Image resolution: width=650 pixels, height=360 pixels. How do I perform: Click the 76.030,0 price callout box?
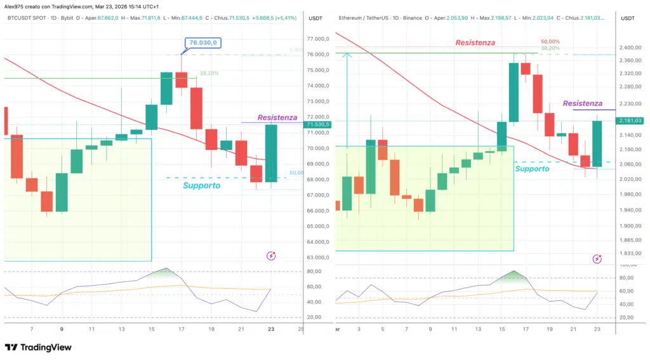201,43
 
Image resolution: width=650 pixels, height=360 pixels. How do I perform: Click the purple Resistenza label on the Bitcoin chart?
277,117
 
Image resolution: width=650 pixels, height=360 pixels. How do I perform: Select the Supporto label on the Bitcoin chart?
201,185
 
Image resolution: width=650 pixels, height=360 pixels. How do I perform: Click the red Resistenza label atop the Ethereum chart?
475,43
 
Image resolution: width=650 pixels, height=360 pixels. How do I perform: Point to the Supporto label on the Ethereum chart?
533,169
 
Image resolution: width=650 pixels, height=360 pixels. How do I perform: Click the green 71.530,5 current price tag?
317,124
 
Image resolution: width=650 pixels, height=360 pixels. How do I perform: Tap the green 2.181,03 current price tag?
630,121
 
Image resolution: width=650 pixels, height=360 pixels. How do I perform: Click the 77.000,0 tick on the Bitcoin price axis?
317,39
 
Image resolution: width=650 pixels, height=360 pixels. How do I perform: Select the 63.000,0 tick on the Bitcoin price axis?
317,258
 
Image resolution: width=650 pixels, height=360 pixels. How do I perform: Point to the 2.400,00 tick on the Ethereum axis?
630,48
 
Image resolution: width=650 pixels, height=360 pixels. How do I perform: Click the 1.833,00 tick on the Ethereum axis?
630,253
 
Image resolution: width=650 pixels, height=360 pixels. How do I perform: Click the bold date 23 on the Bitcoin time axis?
272,330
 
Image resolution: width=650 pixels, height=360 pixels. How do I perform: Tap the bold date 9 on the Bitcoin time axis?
62,330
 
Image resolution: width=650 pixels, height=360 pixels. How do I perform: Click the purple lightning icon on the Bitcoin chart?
271,256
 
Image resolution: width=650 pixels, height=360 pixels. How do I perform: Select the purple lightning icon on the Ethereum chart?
597,259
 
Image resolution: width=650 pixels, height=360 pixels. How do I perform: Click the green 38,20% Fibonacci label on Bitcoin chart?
209,73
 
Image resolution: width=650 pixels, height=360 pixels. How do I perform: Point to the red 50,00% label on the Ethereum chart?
550,41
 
